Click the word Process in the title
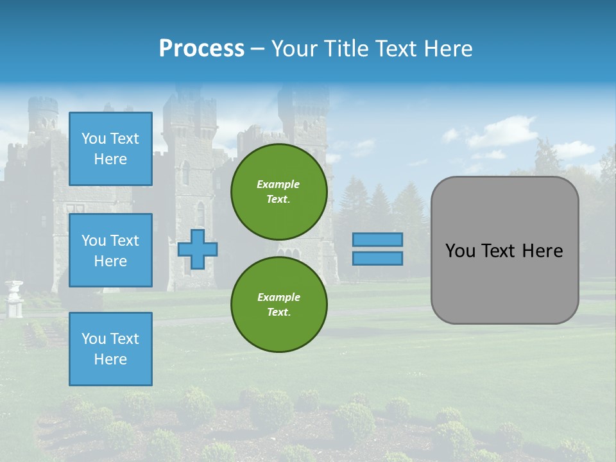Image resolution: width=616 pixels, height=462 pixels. [x=201, y=49]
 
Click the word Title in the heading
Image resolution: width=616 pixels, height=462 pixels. [x=344, y=49]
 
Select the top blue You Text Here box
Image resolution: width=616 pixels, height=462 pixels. [x=110, y=149]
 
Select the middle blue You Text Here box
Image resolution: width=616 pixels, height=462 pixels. [x=110, y=250]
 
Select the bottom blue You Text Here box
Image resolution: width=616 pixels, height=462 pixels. [x=110, y=348]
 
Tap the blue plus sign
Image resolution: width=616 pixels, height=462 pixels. [x=197, y=249]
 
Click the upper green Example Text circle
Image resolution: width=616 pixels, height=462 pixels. [x=278, y=191]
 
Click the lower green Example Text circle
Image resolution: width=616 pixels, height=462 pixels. [x=278, y=305]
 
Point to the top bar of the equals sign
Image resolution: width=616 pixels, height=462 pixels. [x=378, y=239]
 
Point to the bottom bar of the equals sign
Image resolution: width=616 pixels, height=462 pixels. [x=378, y=258]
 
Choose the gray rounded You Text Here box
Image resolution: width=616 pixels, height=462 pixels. [x=504, y=250]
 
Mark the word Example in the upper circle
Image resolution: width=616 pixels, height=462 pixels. [x=278, y=184]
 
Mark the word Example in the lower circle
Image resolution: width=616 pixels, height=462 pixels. [x=278, y=297]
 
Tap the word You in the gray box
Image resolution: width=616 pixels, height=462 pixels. [x=459, y=251]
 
